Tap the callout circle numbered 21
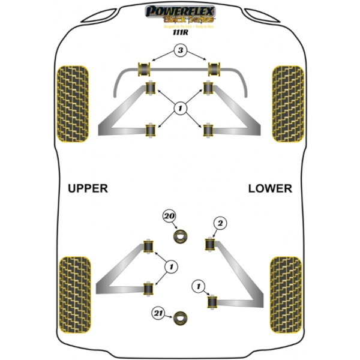pos(158,313)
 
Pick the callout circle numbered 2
pos(220,223)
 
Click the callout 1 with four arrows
pos(179,109)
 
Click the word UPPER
pos(88,188)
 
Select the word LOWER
pos(270,188)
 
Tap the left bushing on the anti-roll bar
pos(145,68)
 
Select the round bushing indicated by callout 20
pos(180,236)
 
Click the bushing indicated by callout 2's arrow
pos(211,245)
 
